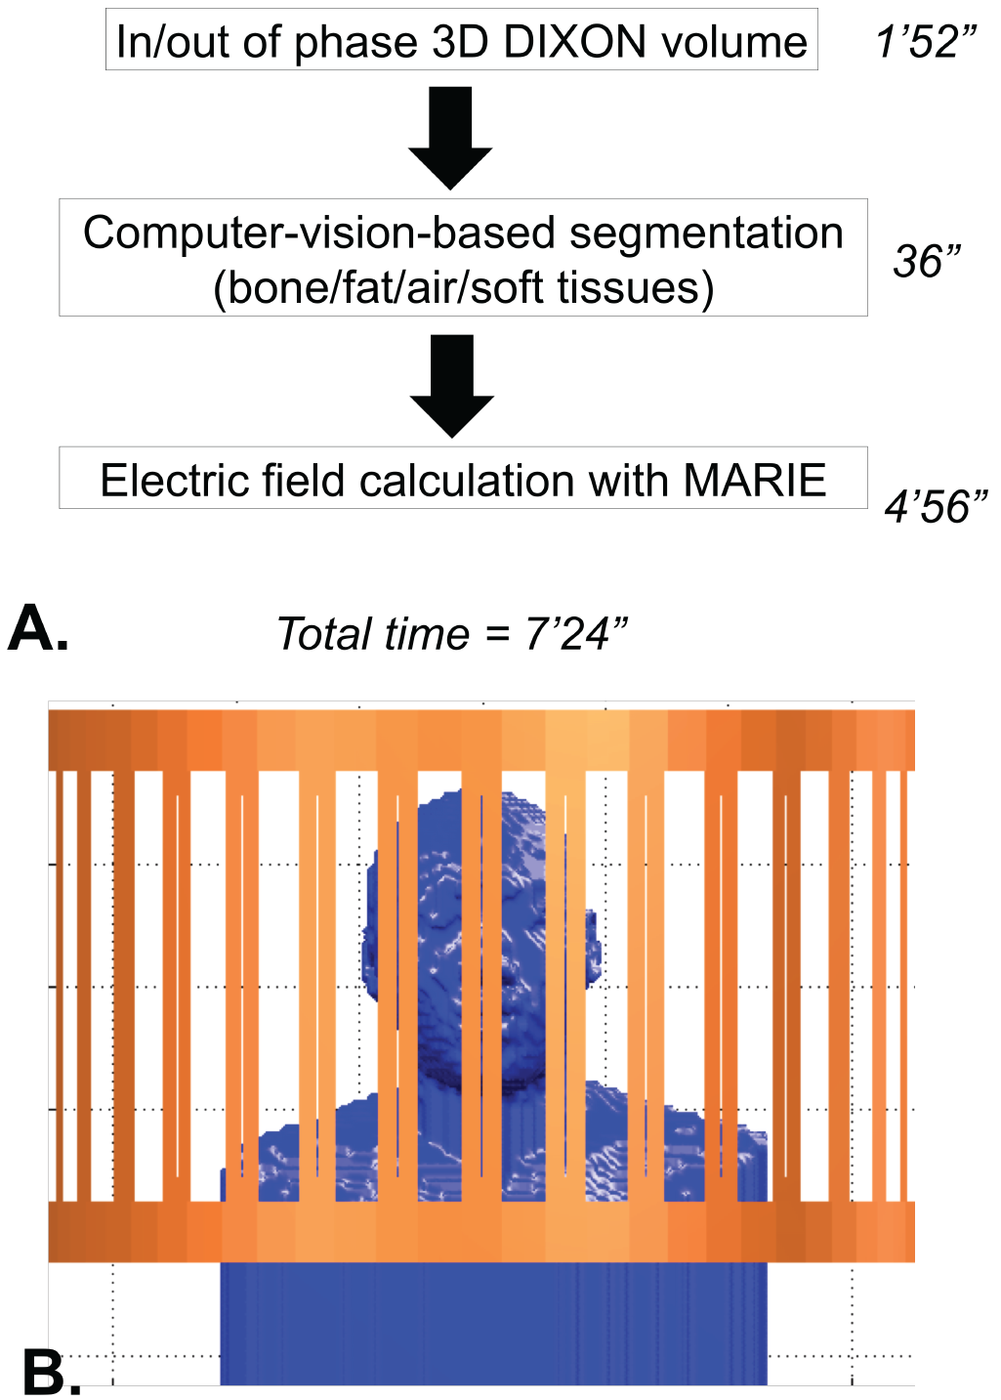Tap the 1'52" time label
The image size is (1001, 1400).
click(926, 42)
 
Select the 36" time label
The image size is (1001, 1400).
click(927, 261)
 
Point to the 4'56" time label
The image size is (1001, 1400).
click(936, 506)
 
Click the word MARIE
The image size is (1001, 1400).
click(755, 481)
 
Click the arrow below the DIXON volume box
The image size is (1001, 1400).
click(450, 137)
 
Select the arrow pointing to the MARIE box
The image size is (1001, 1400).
click(451, 385)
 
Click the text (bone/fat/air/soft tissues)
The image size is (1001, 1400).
click(464, 287)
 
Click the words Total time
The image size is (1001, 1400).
click(373, 634)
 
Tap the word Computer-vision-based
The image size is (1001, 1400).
click(319, 233)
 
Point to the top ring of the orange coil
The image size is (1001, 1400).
click(480, 740)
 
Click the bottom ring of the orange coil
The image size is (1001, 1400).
click(480, 1231)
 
